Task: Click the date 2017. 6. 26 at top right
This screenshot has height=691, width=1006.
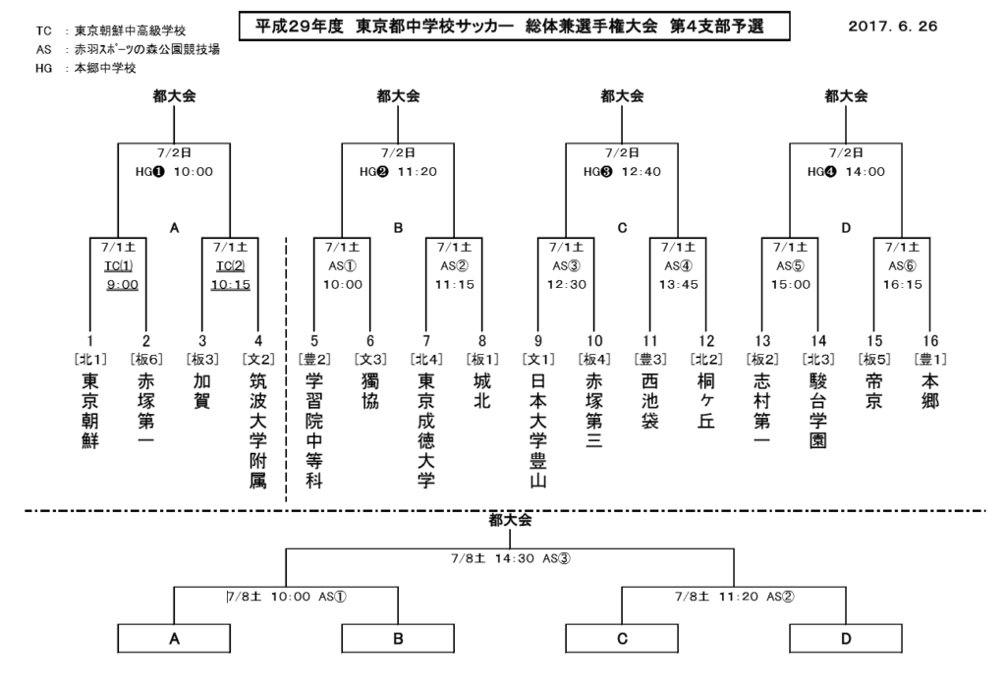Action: point(893,27)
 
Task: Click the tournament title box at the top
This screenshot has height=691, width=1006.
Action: point(514,27)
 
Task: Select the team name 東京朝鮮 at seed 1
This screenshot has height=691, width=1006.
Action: point(90,411)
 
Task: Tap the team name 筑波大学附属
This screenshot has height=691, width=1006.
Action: point(258,430)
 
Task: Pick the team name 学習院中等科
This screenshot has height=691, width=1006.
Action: point(314,430)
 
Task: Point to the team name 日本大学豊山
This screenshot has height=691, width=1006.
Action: point(538,430)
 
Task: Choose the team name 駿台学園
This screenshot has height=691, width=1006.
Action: point(818,411)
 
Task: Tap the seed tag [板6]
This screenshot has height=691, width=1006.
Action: point(146,358)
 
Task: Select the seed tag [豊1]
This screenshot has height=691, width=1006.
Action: point(929,358)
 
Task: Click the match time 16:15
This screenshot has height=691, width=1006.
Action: point(903,284)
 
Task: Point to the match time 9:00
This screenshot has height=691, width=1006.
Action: point(122,284)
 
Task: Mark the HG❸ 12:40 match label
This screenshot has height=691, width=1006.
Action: point(622,171)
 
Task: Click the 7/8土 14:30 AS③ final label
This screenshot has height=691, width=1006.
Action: point(511,558)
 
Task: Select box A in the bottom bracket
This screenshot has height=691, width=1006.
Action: point(175,639)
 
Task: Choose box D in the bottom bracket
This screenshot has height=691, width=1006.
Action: point(846,639)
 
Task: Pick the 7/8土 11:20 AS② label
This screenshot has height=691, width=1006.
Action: point(735,597)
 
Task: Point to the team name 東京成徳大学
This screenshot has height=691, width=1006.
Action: point(426,430)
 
